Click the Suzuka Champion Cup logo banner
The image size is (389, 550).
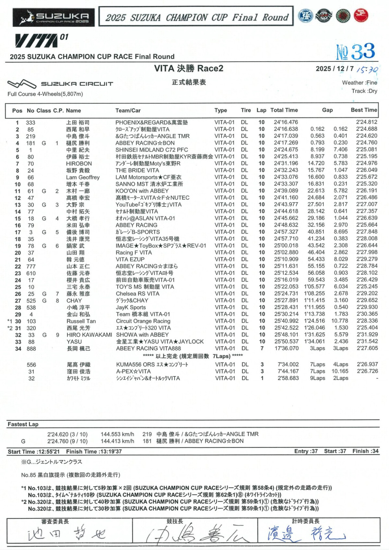click(x=54, y=17)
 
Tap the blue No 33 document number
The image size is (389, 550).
click(x=356, y=52)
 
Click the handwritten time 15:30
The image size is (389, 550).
click(x=367, y=69)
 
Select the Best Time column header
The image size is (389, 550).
click(x=364, y=110)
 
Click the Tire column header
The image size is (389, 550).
click(x=246, y=110)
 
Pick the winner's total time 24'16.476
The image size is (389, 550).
click(x=286, y=122)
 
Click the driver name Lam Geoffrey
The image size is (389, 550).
click(x=83, y=177)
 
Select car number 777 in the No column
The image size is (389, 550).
click(x=31, y=266)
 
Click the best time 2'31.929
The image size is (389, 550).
click(x=367, y=335)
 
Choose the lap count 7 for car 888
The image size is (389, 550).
click(x=262, y=348)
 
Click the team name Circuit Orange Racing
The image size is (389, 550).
click(x=143, y=321)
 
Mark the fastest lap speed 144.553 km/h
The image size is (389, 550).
click(x=117, y=434)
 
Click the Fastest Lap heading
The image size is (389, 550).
click(x=23, y=424)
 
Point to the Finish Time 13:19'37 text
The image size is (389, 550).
click(x=94, y=452)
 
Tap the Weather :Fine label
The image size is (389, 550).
click(x=360, y=83)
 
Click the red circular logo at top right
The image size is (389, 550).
click(x=361, y=16)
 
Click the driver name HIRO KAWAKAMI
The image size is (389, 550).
click(x=89, y=335)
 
